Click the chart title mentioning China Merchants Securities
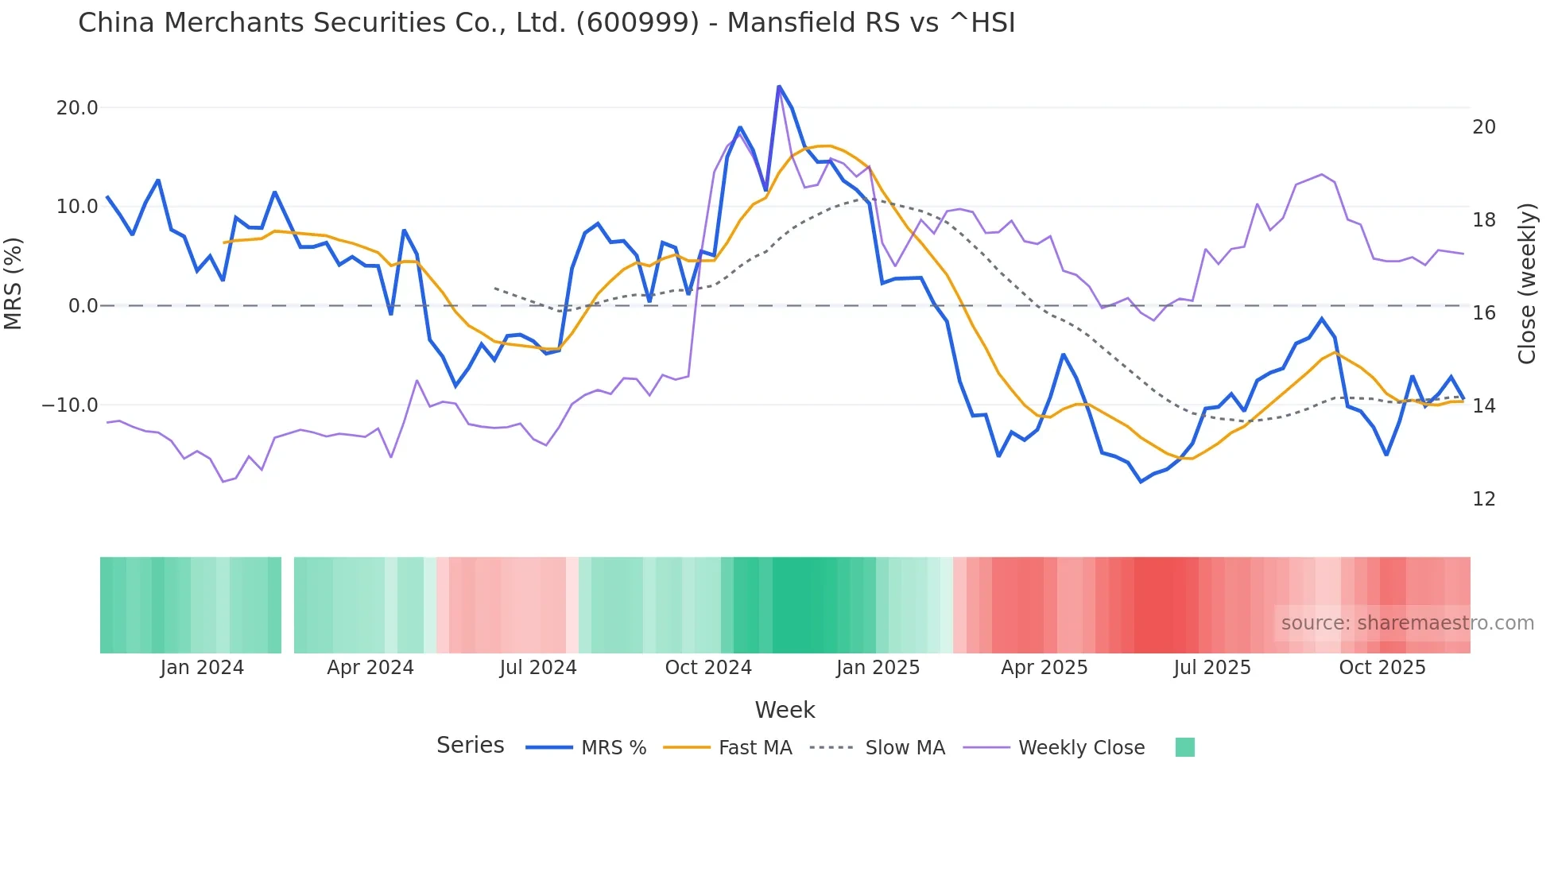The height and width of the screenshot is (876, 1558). [x=546, y=23]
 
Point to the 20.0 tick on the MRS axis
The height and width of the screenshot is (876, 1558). [x=77, y=108]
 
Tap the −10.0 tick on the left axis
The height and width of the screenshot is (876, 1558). [x=70, y=405]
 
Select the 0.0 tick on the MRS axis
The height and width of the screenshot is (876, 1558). [x=83, y=306]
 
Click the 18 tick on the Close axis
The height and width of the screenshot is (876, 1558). [x=1483, y=220]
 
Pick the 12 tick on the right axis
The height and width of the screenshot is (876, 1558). [x=1483, y=499]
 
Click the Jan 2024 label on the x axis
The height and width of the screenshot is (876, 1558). [x=202, y=668]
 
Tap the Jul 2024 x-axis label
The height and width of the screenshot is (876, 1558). [x=538, y=668]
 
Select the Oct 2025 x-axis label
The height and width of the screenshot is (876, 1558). [x=1382, y=668]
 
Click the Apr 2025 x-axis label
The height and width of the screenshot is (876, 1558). [x=1044, y=668]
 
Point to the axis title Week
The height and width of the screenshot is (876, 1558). [x=785, y=710]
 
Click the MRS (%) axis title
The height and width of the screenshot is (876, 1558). [x=14, y=283]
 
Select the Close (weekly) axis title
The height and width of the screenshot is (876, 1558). [x=1527, y=284]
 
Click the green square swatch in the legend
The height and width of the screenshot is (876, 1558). [x=1184, y=747]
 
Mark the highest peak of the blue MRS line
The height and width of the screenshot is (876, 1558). [x=779, y=87]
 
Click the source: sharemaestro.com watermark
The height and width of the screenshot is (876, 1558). [x=1407, y=623]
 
